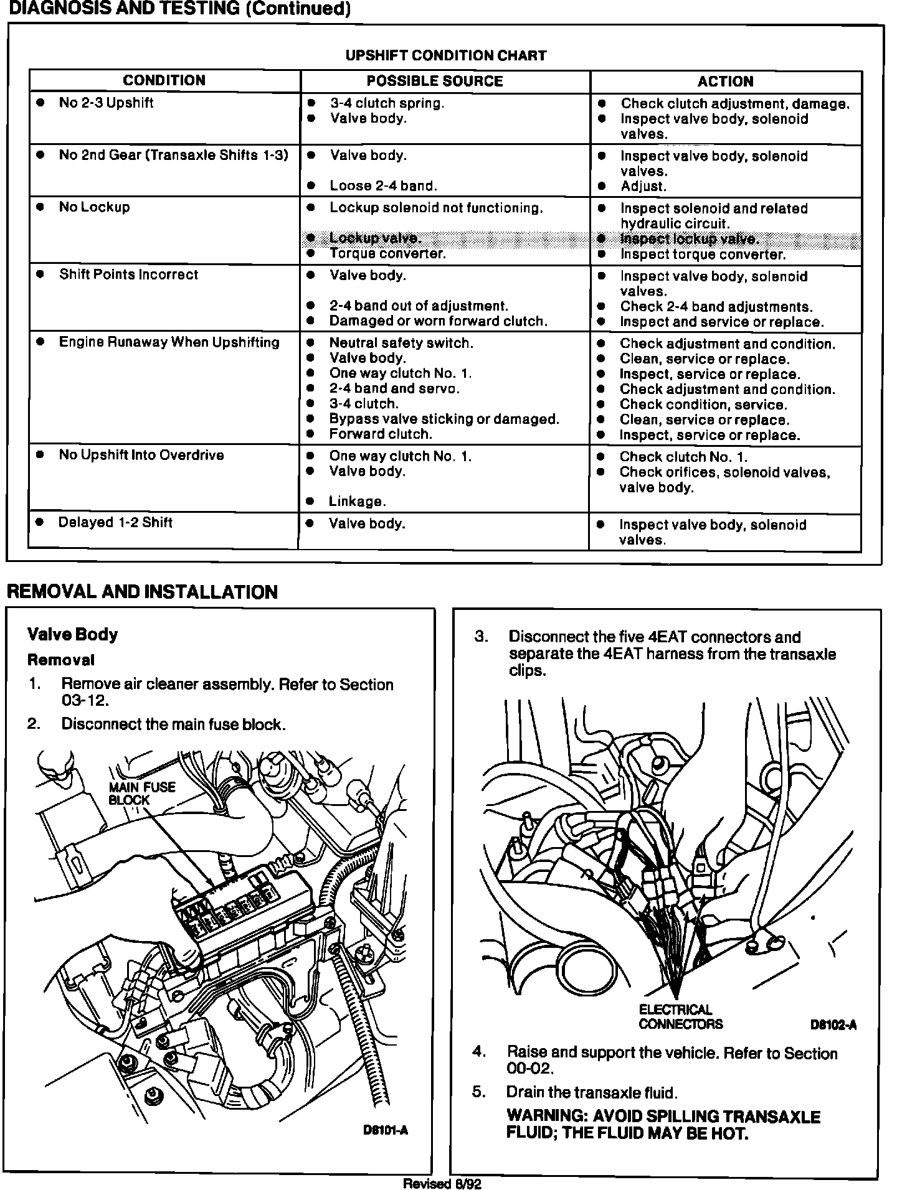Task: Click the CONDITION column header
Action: pyautogui.click(x=164, y=80)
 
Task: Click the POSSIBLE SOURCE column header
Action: pyautogui.click(x=434, y=81)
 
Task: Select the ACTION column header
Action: pyautogui.click(x=725, y=82)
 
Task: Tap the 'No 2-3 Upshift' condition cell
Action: pyautogui.click(x=106, y=103)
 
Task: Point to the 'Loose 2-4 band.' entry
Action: pyautogui.click(x=383, y=185)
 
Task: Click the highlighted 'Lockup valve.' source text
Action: pyautogui.click(x=375, y=238)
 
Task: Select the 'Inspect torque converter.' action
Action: pyautogui.click(x=703, y=255)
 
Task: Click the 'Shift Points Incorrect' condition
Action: pyautogui.click(x=128, y=274)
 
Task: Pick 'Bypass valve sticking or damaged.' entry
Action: pyautogui.click(x=444, y=419)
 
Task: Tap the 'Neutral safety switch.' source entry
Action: pyautogui.click(x=401, y=343)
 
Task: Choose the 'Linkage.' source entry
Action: pyautogui.click(x=358, y=502)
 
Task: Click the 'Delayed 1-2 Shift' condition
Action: pyautogui.click(x=115, y=522)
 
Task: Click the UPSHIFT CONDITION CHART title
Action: pyautogui.click(x=446, y=55)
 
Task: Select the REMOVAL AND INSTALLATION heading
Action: pyautogui.click(x=142, y=591)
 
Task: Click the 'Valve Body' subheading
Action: pyautogui.click(x=73, y=634)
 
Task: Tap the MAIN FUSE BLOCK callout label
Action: pyautogui.click(x=142, y=794)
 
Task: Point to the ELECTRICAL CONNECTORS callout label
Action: pyautogui.click(x=680, y=1017)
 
